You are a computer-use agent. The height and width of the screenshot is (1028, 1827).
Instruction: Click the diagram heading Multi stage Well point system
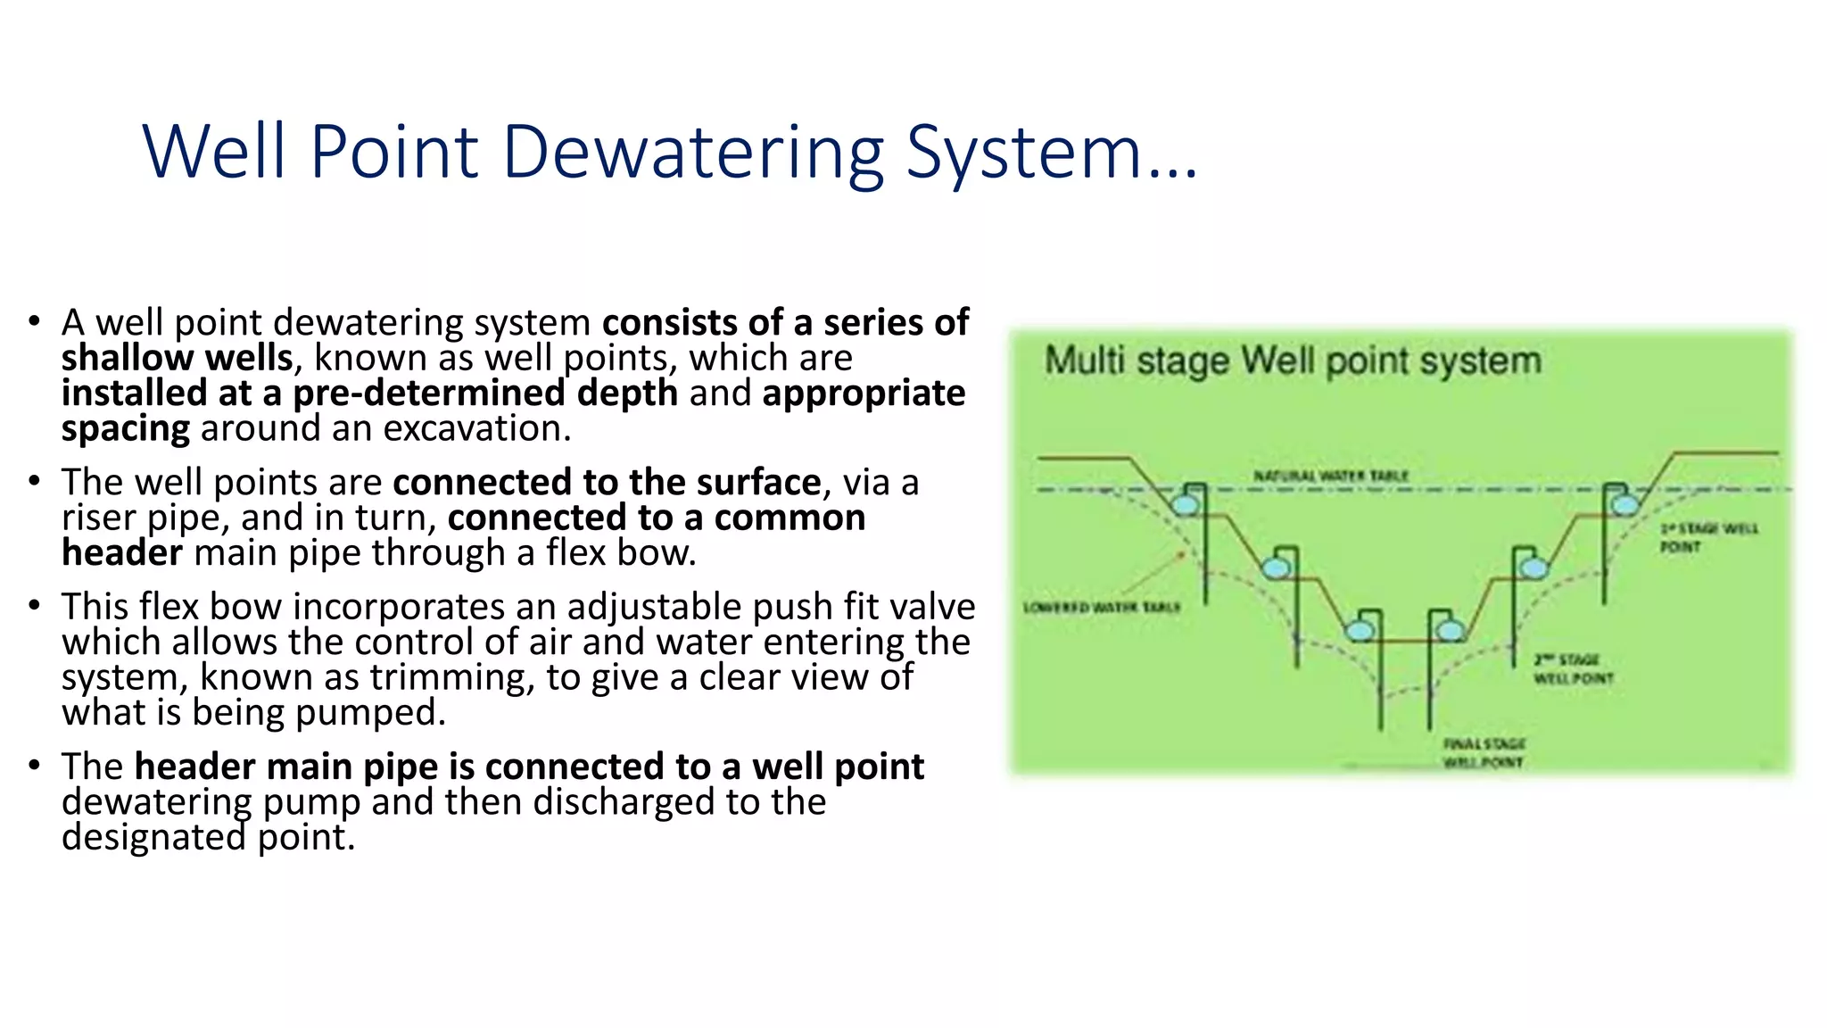point(1292,361)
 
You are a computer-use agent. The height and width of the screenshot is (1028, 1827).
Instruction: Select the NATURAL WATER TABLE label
point(1330,476)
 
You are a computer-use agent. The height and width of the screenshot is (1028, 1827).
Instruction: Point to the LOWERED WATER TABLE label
point(1101,608)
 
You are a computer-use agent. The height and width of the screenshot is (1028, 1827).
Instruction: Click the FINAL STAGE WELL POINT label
point(1484,752)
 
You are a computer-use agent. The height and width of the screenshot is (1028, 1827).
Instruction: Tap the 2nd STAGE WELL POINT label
point(1573,668)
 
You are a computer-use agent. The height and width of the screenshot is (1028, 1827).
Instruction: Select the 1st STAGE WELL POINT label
point(1707,537)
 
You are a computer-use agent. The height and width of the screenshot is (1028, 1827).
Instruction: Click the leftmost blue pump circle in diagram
point(1185,505)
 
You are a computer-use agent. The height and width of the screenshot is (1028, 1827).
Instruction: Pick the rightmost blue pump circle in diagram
point(1624,505)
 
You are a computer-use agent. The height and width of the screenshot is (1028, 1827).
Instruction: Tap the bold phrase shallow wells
point(177,358)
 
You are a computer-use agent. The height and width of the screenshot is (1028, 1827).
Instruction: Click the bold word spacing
point(125,429)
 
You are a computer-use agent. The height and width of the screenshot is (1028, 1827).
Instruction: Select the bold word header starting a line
point(122,553)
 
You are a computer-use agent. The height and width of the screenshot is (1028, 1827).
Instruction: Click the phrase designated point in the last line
point(208,837)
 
